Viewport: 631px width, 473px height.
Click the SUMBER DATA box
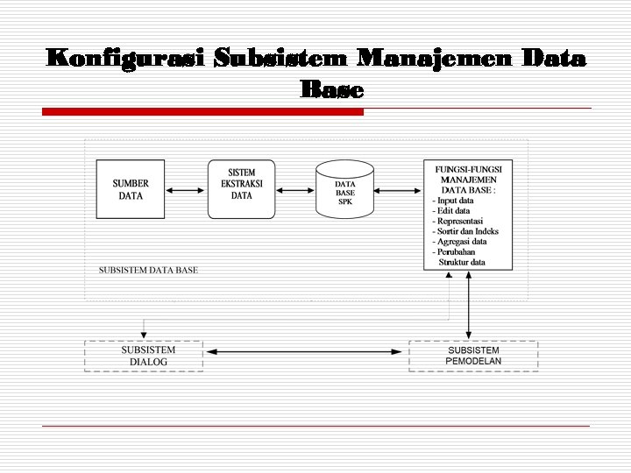pyautogui.click(x=131, y=189)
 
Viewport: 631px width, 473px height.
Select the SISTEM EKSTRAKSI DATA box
pyautogui.click(x=241, y=188)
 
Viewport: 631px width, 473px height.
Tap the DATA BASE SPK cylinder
pyautogui.click(x=344, y=190)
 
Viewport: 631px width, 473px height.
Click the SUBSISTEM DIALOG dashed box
pyautogui.click(x=144, y=356)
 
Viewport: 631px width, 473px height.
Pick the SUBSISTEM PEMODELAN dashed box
pyautogui.click(x=473, y=356)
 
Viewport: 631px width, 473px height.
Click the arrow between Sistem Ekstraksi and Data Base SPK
pyautogui.click(x=295, y=189)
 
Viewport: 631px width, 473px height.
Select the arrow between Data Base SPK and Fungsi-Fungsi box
pyautogui.click(x=399, y=189)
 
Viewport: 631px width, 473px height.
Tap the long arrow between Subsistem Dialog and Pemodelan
pyautogui.click(x=306, y=352)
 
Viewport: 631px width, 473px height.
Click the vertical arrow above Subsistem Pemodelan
pyautogui.click(x=469, y=305)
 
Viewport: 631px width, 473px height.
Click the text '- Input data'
pyautogui.click(x=453, y=201)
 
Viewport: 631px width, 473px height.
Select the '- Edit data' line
pyautogui.click(x=451, y=211)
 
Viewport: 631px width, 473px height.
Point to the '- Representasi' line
pyautogui.click(x=457, y=222)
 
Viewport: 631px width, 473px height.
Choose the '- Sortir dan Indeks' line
pyautogui.click(x=465, y=231)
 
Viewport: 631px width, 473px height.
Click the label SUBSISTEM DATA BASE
pyautogui.click(x=148, y=270)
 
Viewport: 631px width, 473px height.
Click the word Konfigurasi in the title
pyautogui.click(x=125, y=59)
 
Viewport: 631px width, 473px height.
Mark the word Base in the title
pyautogui.click(x=331, y=89)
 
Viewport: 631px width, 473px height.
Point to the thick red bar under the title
pyautogui.click(x=202, y=112)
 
